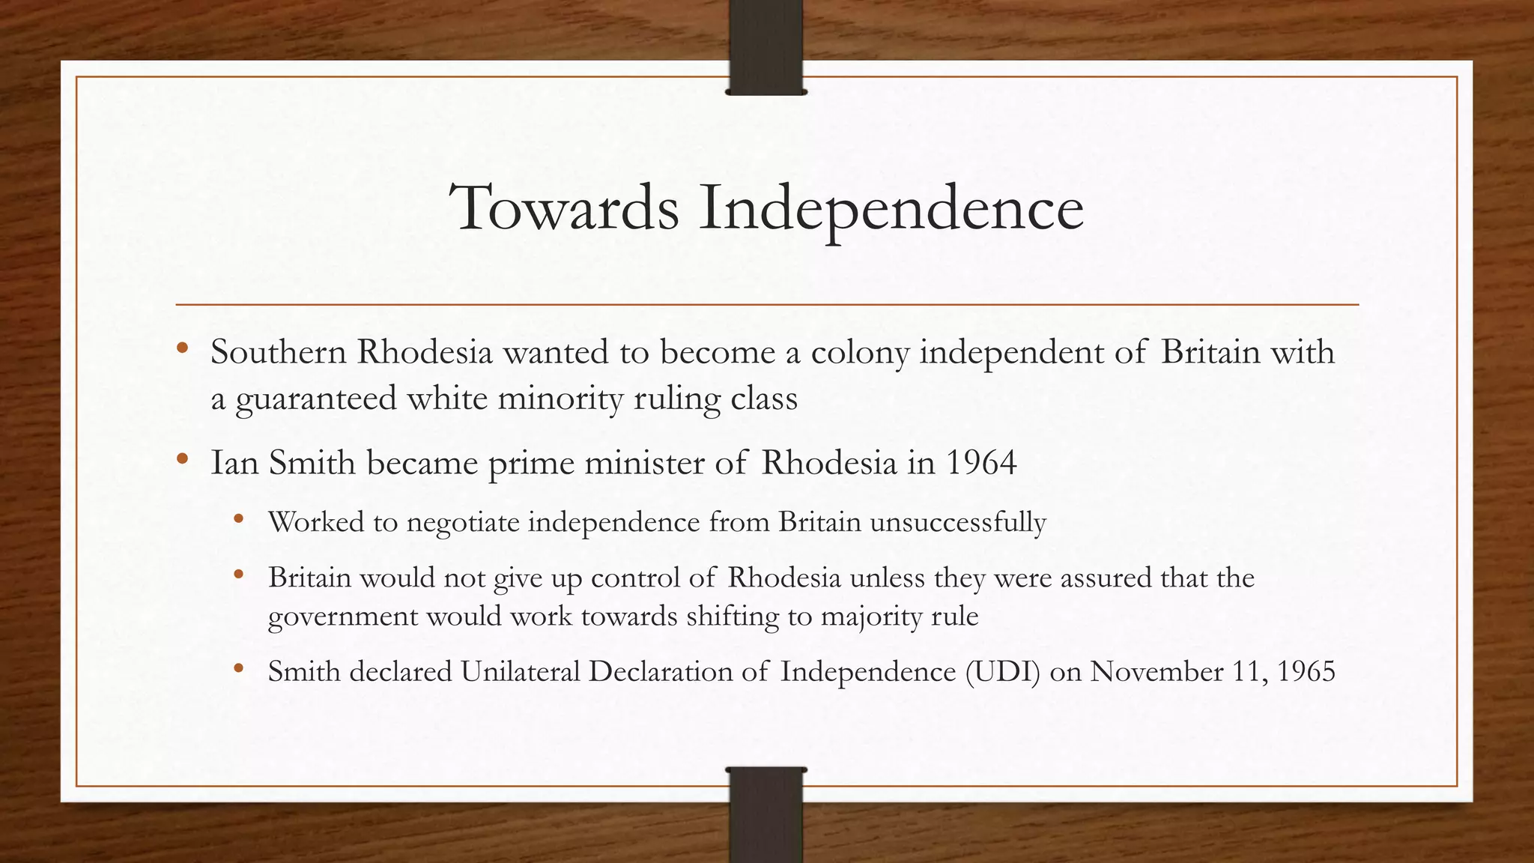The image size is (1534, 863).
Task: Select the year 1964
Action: (980, 463)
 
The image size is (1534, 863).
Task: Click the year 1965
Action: (1306, 671)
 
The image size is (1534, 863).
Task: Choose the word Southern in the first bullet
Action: (278, 352)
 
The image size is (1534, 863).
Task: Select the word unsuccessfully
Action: (957, 522)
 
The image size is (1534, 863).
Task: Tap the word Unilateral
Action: (521, 671)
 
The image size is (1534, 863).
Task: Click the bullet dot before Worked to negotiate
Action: (239, 518)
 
